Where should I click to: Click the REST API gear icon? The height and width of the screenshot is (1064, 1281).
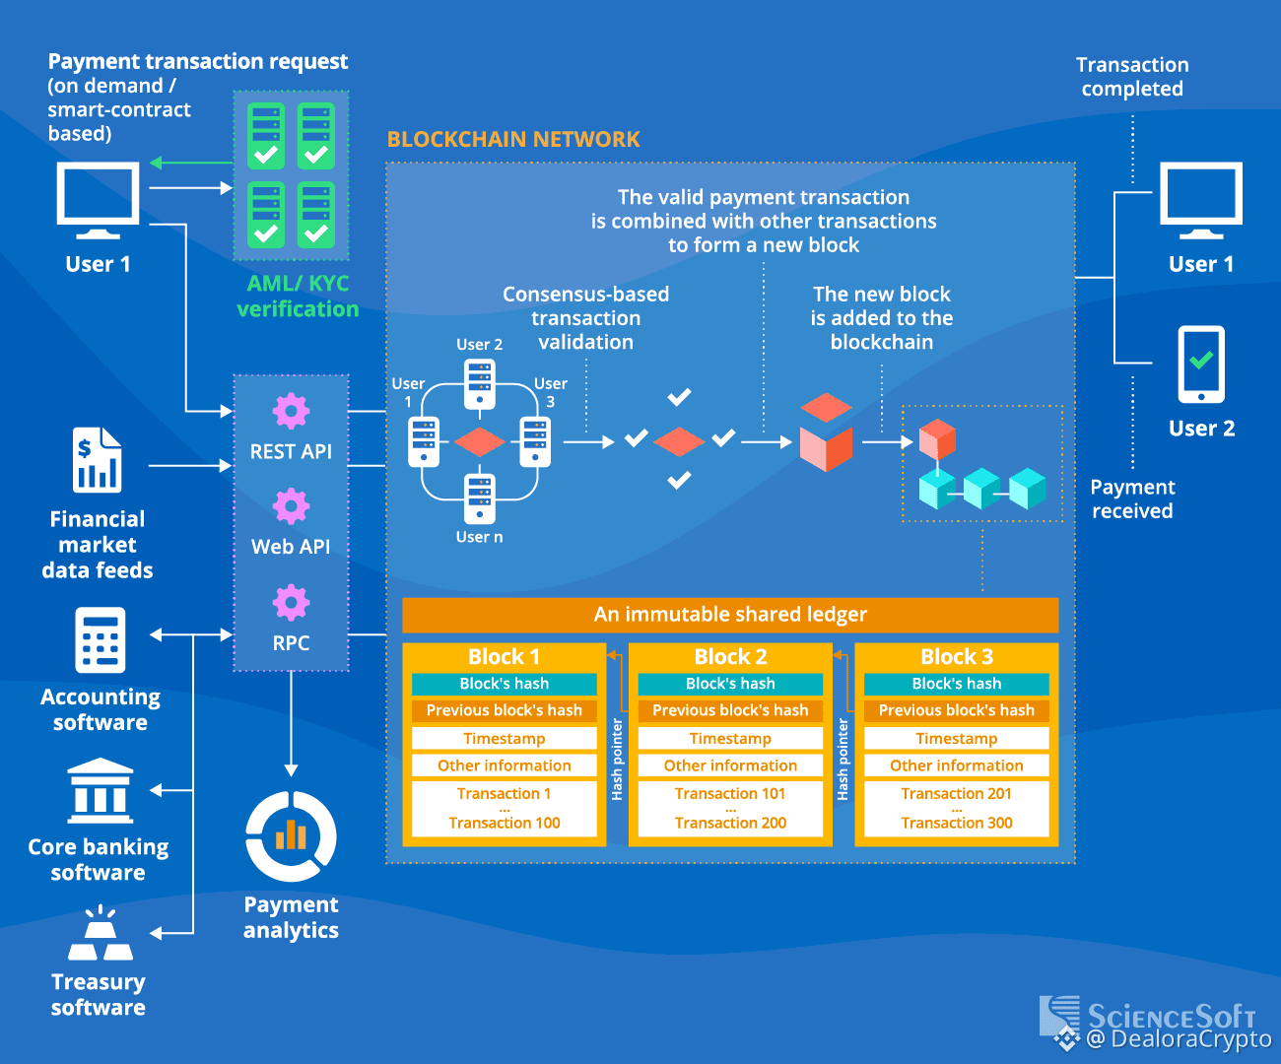(291, 410)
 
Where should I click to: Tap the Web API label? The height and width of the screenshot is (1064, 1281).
(291, 547)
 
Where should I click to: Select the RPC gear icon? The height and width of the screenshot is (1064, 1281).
(291, 601)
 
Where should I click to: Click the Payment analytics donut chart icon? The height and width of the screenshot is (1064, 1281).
(291, 837)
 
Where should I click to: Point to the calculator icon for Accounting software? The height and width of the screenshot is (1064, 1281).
(100, 639)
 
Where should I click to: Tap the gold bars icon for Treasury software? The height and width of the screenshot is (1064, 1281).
(100, 935)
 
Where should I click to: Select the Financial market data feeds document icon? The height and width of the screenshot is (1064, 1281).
(97, 460)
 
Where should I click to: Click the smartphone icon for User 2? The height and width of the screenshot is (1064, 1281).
(1201, 365)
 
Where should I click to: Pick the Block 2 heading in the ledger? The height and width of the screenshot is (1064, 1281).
(730, 657)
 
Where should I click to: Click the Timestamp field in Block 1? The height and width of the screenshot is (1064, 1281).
(505, 739)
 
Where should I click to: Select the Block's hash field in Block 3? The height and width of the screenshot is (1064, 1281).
(956, 684)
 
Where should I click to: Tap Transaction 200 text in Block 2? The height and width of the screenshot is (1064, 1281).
(730, 823)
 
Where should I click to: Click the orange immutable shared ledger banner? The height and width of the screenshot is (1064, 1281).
(730, 615)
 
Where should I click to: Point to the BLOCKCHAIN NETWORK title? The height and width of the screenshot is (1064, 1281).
(513, 140)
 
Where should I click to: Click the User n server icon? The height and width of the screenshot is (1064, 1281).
(480, 499)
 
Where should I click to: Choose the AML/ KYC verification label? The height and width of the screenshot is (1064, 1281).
(298, 297)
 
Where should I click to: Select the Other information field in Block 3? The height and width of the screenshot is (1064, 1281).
(956, 765)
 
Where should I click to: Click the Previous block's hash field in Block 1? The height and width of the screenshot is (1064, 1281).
(505, 710)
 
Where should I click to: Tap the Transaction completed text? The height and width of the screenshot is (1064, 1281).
(1132, 77)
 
